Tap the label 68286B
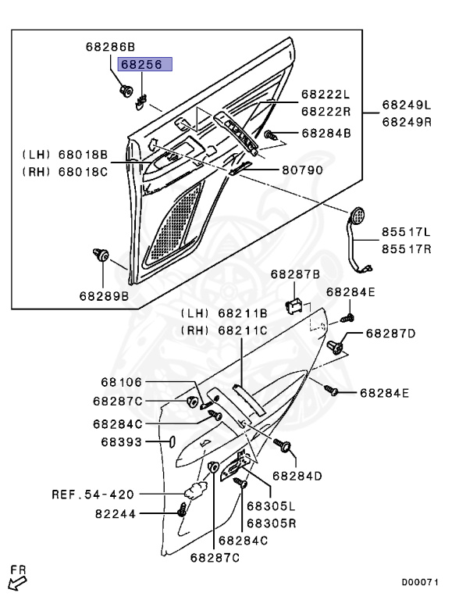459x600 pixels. (111, 47)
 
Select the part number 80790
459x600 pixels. (303, 170)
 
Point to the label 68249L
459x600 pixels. (407, 105)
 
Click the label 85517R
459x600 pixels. (407, 249)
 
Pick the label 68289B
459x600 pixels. (105, 296)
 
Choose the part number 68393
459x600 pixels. (122, 442)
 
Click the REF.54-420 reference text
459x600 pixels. (93, 495)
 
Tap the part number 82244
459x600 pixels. (116, 514)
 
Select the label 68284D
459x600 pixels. (297, 476)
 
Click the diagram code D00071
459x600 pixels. (420, 582)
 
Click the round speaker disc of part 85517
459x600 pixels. (358, 216)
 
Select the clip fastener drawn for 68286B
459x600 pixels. (125, 91)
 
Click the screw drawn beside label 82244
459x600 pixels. (182, 509)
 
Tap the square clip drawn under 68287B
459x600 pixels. (294, 305)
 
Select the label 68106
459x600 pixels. (122, 382)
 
